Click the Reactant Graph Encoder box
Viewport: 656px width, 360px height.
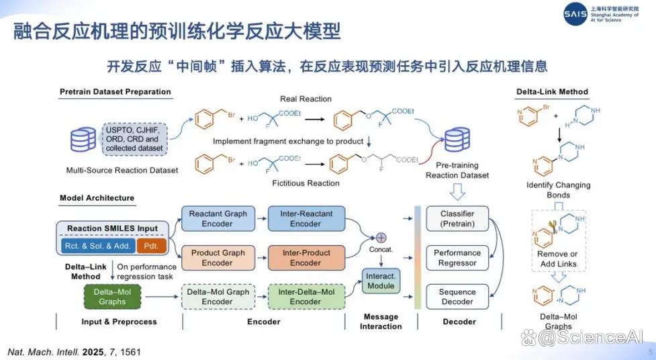(218, 218)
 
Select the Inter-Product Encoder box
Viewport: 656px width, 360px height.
(306, 258)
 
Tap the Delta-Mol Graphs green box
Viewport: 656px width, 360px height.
(112, 297)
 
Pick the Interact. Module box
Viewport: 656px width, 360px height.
(381, 281)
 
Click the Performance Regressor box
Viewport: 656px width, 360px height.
(457, 258)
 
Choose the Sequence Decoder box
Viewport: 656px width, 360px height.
(457, 297)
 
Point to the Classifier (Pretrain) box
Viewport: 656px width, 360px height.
(457, 218)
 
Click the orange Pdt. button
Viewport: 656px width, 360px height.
(152, 246)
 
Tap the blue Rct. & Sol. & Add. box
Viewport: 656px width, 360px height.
(98, 246)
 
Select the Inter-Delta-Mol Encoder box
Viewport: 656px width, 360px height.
(306, 297)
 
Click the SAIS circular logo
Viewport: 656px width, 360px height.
(575, 14)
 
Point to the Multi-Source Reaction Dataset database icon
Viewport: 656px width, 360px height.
(83, 140)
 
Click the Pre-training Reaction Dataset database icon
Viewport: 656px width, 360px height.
(457, 140)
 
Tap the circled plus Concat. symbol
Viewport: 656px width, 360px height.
(381, 238)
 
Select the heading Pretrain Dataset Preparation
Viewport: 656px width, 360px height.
(115, 91)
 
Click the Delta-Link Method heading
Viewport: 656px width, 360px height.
(552, 91)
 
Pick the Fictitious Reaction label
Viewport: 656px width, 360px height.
(306, 183)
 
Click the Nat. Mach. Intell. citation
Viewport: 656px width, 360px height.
(74, 352)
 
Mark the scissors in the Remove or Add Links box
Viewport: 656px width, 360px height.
(553, 227)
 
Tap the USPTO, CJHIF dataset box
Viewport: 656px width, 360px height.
(134, 139)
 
